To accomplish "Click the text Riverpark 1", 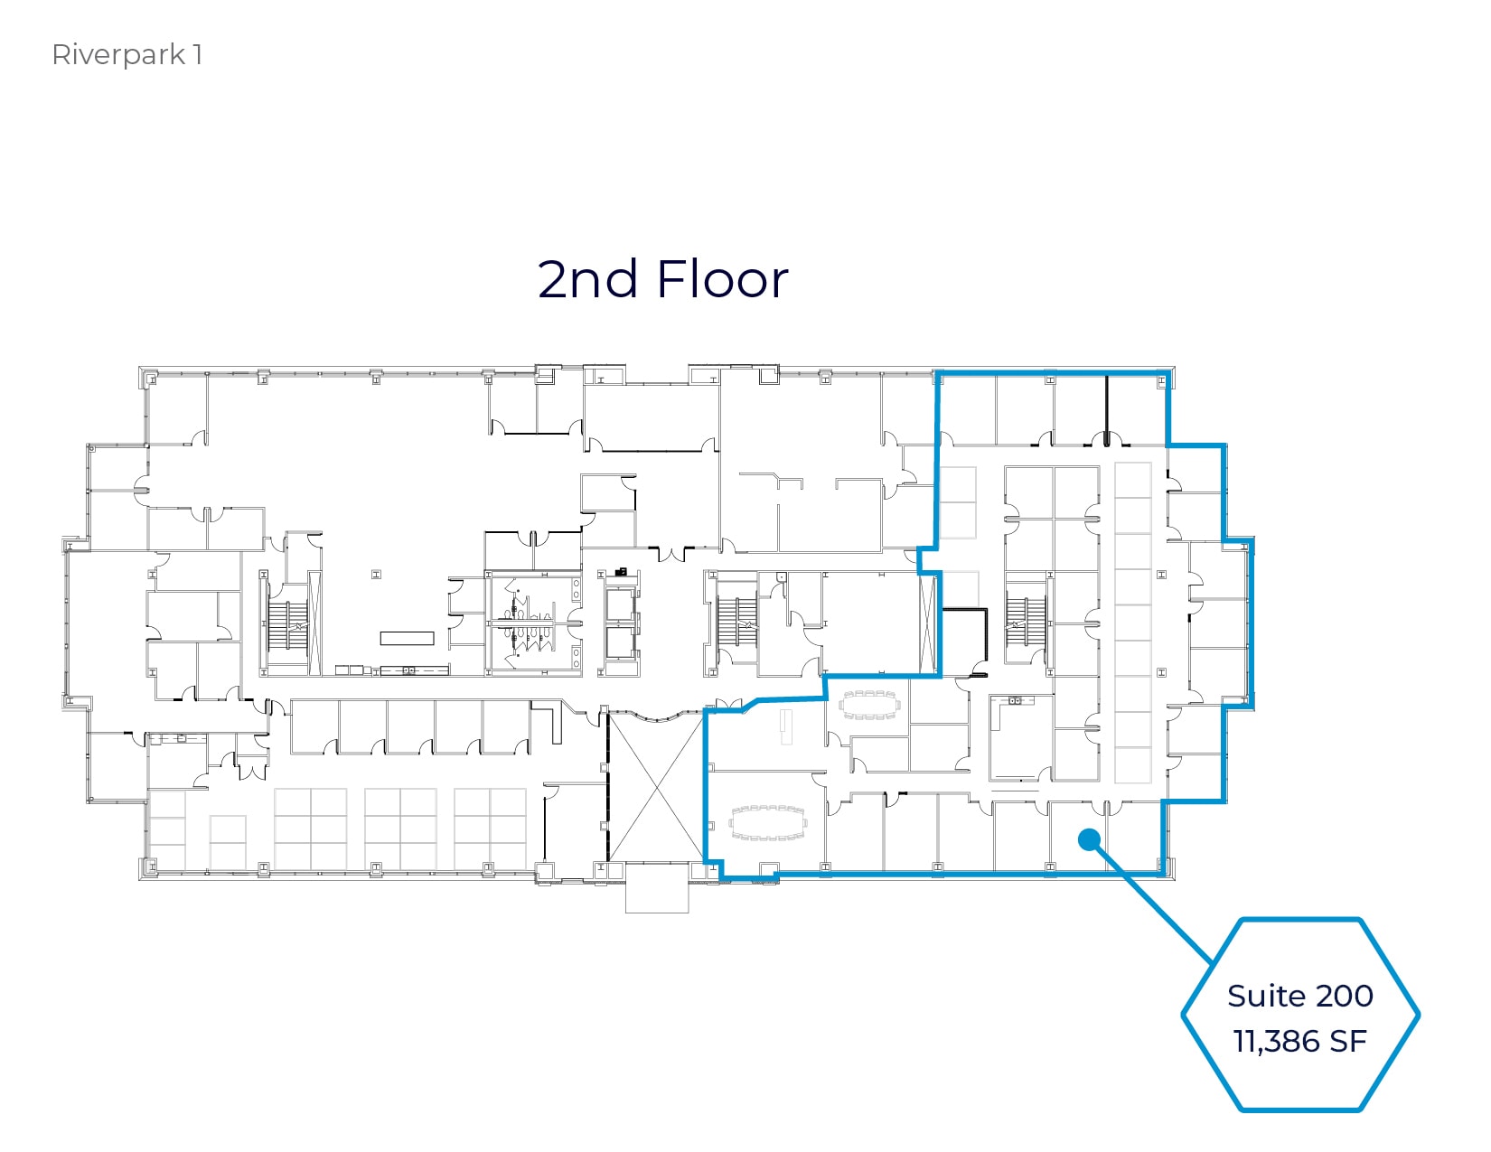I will pyautogui.click(x=127, y=55).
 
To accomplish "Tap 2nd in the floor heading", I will pyautogui.click(x=587, y=279).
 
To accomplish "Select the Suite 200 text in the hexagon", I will pyautogui.click(x=1299, y=995).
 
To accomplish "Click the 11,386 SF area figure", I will pyautogui.click(x=1299, y=1041).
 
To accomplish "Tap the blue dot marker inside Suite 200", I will pyautogui.click(x=1089, y=839).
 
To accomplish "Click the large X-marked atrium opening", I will pyautogui.click(x=654, y=785).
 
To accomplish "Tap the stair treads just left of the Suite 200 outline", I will pyautogui.click(x=736, y=620).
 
